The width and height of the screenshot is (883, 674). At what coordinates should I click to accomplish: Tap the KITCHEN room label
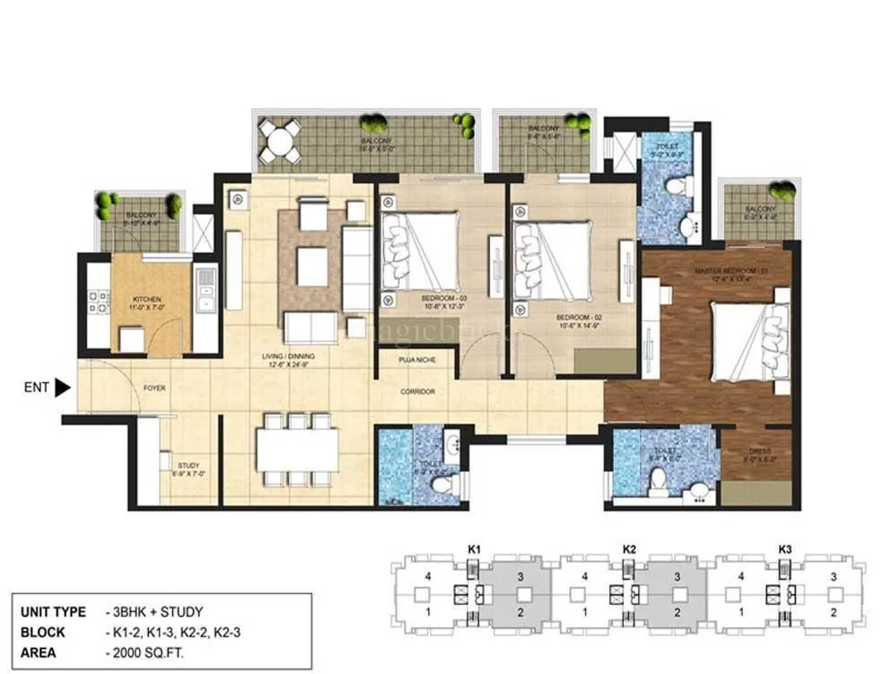click(146, 299)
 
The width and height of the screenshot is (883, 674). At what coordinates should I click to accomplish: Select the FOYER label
click(154, 389)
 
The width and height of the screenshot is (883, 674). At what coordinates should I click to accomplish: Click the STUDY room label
click(188, 465)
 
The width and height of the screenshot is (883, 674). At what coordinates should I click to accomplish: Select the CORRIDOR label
click(418, 391)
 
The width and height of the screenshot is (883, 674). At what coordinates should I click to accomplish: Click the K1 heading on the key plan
click(475, 547)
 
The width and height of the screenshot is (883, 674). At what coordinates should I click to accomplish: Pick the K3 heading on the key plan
click(785, 547)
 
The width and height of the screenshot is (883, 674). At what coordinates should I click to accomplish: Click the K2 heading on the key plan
click(629, 547)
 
